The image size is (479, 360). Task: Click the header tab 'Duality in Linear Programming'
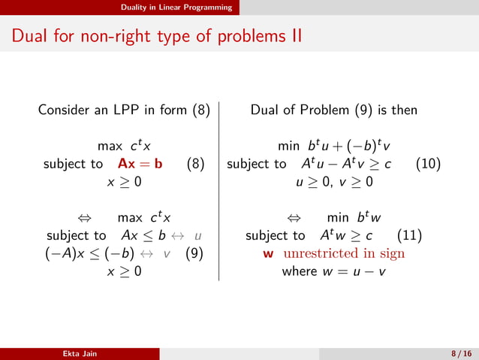(x=179, y=7)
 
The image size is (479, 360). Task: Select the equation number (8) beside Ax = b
(x=195, y=163)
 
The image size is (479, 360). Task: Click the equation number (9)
(x=194, y=253)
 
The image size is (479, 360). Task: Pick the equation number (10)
(x=427, y=163)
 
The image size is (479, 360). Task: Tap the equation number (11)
(x=408, y=235)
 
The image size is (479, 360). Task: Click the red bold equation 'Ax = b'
(x=140, y=163)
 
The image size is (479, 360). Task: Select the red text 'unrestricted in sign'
(x=344, y=253)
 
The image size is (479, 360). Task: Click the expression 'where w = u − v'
(x=333, y=271)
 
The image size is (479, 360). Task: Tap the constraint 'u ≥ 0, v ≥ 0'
(x=333, y=181)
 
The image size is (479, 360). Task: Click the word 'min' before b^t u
(x=289, y=145)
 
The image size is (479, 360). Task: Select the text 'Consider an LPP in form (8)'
(x=124, y=110)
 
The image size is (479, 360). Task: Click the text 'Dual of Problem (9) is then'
(x=333, y=110)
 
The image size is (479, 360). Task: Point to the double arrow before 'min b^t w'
(x=294, y=218)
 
